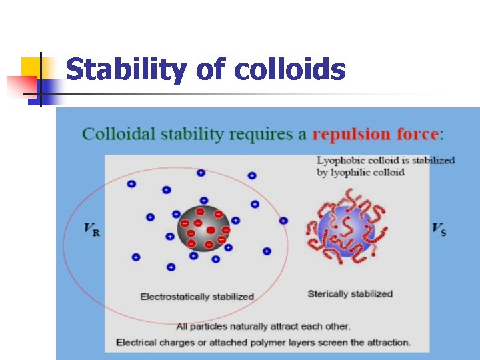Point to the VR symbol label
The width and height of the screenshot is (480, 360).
pos(91,230)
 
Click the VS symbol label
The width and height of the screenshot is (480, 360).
pos(439,230)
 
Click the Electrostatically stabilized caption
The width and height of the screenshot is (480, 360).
pos(197,297)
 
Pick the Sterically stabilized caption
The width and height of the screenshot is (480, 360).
pos(350,293)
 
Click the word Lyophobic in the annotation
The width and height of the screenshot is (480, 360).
pos(339,160)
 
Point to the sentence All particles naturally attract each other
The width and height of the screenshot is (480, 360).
pos(263,326)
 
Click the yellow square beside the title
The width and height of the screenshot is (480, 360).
pos(31,67)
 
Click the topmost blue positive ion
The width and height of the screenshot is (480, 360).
pos(201,173)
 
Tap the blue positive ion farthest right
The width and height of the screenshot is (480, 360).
pos(283,221)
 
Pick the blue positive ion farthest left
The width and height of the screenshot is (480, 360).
pos(131,183)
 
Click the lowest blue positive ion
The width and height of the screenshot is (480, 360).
pos(171,267)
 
